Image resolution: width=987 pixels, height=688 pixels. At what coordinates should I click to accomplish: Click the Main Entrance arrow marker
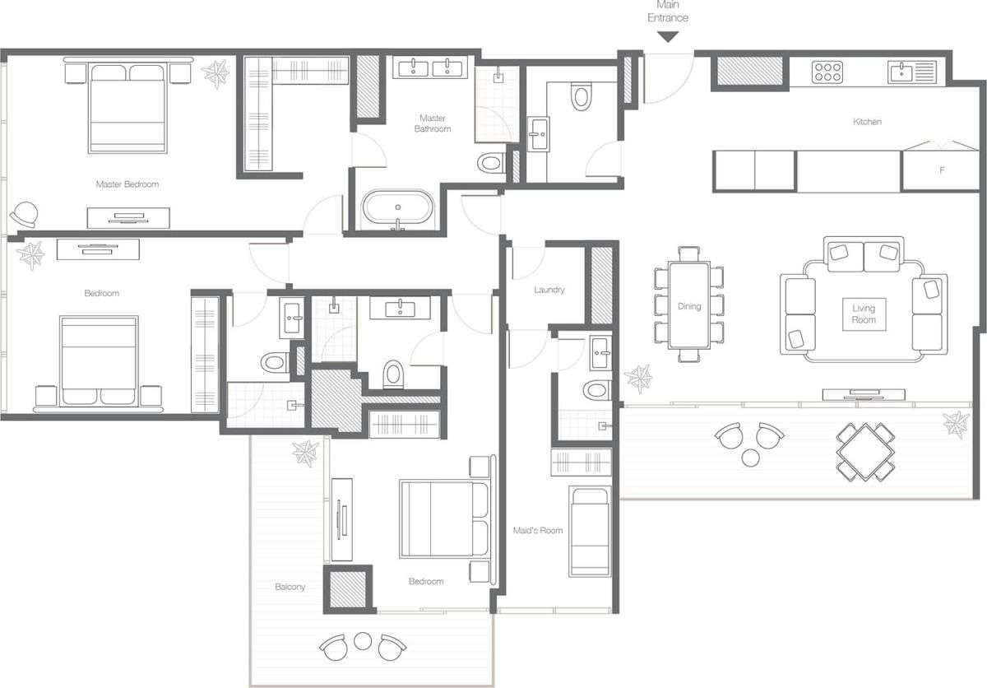pyautogui.click(x=669, y=36)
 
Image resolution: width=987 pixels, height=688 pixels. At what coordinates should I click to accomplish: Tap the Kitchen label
pyautogui.click(x=867, y=122)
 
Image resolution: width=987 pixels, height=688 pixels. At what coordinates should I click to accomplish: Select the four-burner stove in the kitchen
pyautogui.click(x=827, y=72)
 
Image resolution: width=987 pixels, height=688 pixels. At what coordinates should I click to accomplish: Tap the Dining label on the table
pyautogui.click(x=689, y=307)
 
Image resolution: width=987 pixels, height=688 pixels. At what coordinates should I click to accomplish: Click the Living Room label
pyautogui.click(x=864, y=314)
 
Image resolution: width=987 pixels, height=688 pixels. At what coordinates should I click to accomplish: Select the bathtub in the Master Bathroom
pyautogui.click(x=398, y=208)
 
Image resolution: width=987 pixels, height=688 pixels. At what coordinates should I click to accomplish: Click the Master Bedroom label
pyautogui.click(x=127, y=184)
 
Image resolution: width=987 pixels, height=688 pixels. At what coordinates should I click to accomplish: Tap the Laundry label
pyautogui.click(x=549, y=290)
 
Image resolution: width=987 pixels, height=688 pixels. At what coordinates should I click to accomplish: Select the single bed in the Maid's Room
pyautogui.click(x=589, y=532)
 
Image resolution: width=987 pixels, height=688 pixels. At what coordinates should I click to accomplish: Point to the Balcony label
pyautogui.click(x=290, y=587)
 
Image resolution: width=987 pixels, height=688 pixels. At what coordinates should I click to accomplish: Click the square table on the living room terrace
pyautogui.click(x=865, y=451)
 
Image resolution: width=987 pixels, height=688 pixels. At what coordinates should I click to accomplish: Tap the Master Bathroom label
pyautogui.click(x=432, y=123)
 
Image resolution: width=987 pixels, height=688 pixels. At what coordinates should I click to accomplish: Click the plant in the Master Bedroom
pyautogui.click(x=217, y=73)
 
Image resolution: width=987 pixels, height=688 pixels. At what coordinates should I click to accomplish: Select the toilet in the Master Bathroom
pyautogui.click(x=490, y=162)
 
